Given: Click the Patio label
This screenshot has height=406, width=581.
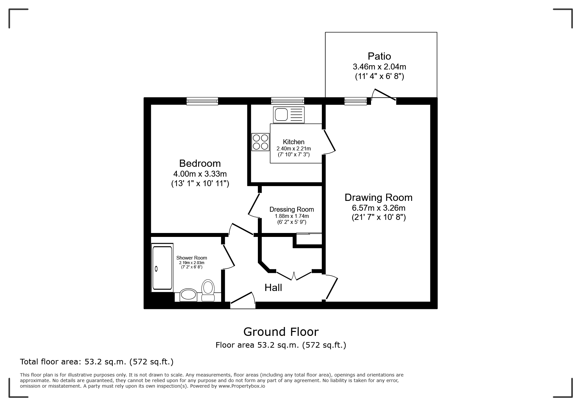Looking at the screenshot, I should (379, 56).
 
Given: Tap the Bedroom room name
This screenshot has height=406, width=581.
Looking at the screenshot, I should (200, 163).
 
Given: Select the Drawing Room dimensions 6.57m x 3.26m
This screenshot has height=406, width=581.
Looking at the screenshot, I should (378, 208).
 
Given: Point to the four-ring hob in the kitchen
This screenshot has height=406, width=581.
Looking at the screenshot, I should (260, 142).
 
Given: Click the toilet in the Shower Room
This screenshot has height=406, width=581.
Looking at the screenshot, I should (208, 290).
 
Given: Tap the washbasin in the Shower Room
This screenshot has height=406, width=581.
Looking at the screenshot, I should (188, 295).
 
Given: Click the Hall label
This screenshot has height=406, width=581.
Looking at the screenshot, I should (273, 288).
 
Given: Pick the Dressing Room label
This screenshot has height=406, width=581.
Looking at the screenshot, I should (291, 209).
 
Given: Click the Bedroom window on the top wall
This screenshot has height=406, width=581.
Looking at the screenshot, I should (202, 101).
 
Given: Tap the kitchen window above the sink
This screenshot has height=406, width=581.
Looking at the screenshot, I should (287, 101).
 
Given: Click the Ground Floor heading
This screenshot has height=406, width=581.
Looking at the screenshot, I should (281, 332).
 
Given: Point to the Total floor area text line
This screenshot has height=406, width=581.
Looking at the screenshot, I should (97, 362).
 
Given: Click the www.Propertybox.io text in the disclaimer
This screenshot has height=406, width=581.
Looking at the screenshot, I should (242, 386).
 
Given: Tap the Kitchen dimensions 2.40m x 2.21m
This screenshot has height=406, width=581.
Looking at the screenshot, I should (293, 149).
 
